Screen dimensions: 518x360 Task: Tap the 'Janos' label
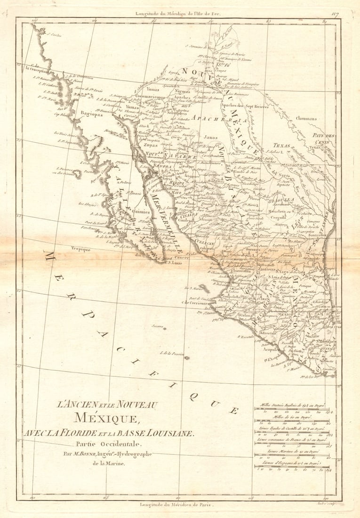click(211, 138)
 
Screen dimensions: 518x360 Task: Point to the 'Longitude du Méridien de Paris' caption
click(176, 504)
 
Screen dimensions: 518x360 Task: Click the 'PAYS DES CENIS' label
click(323, 138)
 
